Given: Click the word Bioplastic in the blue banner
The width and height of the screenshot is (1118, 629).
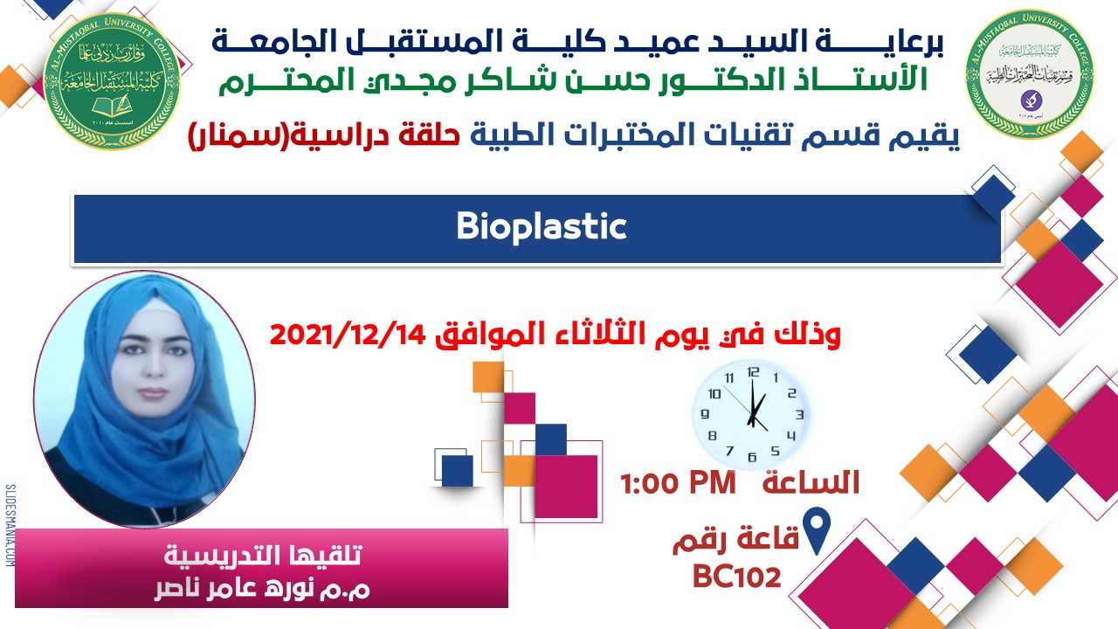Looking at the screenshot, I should pos(542,227).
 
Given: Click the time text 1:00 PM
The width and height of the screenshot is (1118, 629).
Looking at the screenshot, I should pos(678,483).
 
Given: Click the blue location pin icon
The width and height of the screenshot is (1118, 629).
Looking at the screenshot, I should pos(817,532).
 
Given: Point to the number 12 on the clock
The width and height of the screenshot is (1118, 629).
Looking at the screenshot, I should pos(753,371).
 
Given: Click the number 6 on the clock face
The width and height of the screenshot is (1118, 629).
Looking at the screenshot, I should pos(752,456).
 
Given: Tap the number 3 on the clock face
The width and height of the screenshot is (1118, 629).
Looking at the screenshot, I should pos(798,414).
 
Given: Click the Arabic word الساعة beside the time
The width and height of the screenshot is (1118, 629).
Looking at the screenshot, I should pos(811,483).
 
